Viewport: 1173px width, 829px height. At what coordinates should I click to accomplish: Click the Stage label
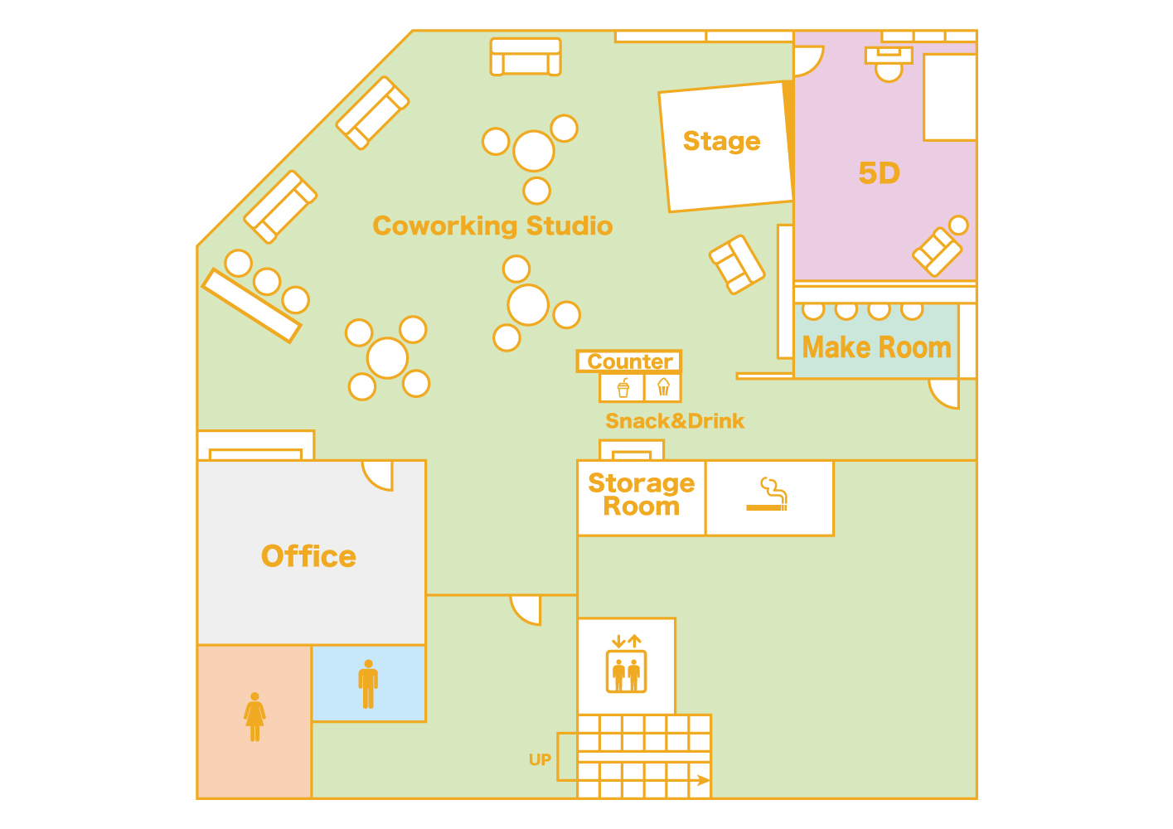(x=721, y=142)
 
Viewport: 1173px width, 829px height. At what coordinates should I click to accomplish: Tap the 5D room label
(x=879, y=173)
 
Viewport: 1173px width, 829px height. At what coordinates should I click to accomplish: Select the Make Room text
(x=876, y=347)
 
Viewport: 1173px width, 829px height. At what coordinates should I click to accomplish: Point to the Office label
(x=308, y=556)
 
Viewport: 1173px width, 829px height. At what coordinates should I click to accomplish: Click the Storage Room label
(x=641, y=495)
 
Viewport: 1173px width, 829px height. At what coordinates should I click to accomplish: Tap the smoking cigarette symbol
(x=768, y=495)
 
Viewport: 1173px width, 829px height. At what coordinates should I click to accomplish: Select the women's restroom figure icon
(x=254, y=717)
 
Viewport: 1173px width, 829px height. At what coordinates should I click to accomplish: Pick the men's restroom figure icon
(x=368, y=684)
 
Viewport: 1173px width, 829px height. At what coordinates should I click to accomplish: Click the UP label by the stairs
(x=540, y=760)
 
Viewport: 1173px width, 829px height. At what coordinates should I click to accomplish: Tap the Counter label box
(x=629, y=361)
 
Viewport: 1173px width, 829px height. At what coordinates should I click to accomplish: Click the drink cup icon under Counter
(x=623, y=387)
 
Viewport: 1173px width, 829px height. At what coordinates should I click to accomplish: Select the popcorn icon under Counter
(x=663, y=387)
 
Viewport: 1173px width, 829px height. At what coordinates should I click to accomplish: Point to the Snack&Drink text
(x=675, y=421)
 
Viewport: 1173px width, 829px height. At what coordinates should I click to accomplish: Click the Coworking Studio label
(x=492, y=225)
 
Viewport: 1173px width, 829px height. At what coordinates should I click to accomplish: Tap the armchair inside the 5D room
(x=938, y=250)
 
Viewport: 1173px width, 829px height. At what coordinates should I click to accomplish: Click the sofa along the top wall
(x=526, y=57)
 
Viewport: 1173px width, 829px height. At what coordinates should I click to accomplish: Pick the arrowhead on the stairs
(x=704, y=780)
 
